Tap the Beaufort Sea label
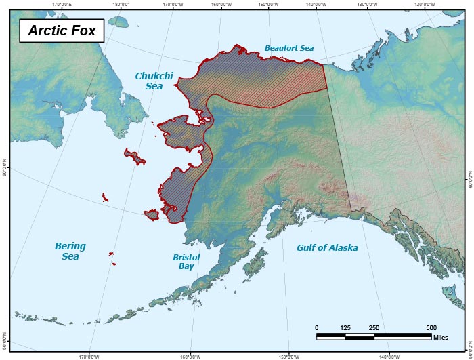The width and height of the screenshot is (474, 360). [290, 48]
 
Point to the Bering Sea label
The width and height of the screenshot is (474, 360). [70, 251]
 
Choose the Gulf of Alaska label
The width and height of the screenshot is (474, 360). [327, 248]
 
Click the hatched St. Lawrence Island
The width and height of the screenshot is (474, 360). [135, 157]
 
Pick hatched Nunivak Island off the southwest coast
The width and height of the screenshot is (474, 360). [152, 214]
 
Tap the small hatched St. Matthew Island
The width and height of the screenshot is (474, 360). [105, 197]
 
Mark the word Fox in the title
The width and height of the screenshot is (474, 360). [82, 31]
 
